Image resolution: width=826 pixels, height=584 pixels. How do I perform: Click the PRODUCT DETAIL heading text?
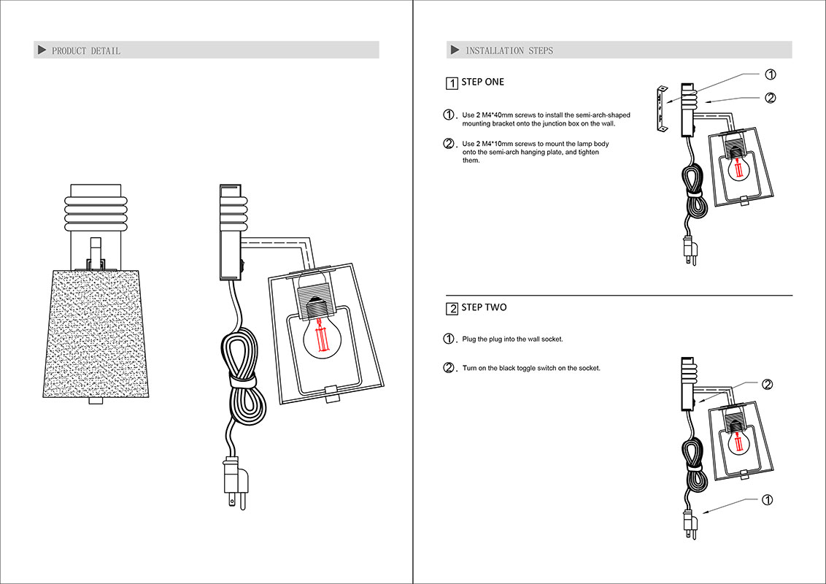pos(86,51)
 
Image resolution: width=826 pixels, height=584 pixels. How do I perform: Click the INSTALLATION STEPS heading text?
pos(509,51)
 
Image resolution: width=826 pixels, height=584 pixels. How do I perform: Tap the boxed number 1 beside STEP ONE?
pos(452,83)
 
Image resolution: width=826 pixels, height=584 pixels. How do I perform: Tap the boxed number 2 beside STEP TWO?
pos(452,309)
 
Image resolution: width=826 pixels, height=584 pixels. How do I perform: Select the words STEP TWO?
pos(484,307)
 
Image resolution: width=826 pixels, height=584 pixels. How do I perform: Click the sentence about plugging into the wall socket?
pos(512,339)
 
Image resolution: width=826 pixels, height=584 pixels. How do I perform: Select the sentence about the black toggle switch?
pos(531,369)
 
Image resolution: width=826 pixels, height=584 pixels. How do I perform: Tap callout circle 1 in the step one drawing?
pos(770,74)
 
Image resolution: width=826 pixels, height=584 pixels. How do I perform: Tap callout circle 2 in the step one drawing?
pos(770,98)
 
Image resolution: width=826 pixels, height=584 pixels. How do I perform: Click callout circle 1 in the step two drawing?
pos(767,500)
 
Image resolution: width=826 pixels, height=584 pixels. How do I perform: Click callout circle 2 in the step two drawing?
pos(767,385)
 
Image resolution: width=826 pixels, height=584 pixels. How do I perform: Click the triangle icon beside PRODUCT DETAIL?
pos(42,50)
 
